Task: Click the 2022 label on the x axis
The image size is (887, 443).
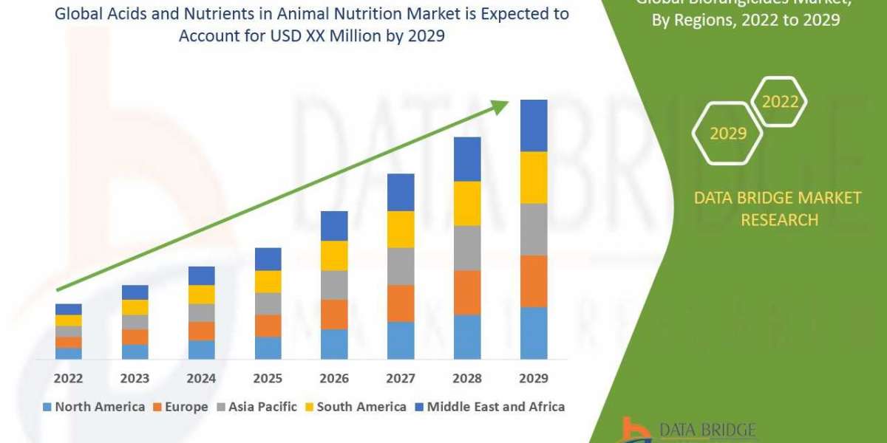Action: click(68, 379)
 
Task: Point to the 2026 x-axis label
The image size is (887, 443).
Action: click(334, 379)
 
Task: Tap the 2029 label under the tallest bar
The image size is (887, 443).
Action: click(534, 379)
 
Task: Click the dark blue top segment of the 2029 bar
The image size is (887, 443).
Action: click(534, 126)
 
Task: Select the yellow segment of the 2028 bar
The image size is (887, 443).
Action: click(467, 203)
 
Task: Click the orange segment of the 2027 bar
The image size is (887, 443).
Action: click(401, 303)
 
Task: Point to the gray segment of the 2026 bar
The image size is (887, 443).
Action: click(334, 285)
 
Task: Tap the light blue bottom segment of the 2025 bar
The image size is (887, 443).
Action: click(268, 348)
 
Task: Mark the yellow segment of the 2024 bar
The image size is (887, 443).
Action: click(201, 294)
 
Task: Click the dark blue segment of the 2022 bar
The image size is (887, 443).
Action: click(68, 309)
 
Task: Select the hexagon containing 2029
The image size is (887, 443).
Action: click(727, 134)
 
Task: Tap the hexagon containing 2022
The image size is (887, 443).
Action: click(780, 102)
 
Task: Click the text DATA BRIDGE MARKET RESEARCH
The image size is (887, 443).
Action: click(778, 208)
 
